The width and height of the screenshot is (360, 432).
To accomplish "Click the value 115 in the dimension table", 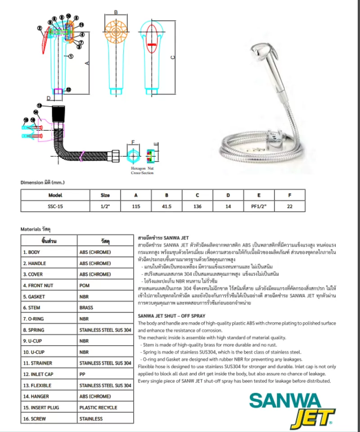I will pyautogui.click(x=136, y=206).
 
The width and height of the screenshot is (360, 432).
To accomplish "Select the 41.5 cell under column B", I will pyautogui.click(x=166, y=206).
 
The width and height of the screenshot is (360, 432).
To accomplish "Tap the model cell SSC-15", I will pyautogui.click(x=55, y=206).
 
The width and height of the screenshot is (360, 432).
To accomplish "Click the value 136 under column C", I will pyautogui.click(x=197, y=206).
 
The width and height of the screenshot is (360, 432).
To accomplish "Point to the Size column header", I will pyautogui.click(x=105, y=195).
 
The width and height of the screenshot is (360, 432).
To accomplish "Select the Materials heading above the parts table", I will pyautogui.click(x=36, y=229).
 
